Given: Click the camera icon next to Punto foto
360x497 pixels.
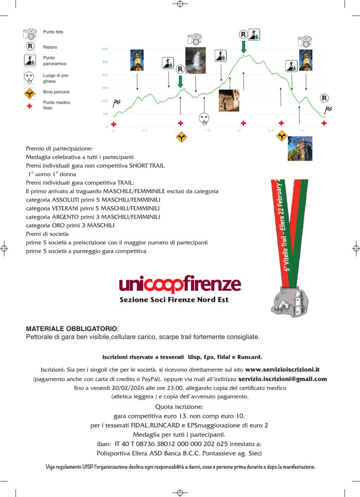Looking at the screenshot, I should tap(30, 34).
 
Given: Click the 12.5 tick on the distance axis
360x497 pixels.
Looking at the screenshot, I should tap(270, 131).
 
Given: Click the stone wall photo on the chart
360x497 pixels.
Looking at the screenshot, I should tap(229, 100).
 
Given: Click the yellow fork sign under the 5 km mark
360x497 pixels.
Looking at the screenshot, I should tap(181, 137).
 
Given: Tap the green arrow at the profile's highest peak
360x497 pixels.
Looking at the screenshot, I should tap(243, 46).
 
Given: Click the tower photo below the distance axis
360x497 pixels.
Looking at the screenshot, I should tap(300, 148).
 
